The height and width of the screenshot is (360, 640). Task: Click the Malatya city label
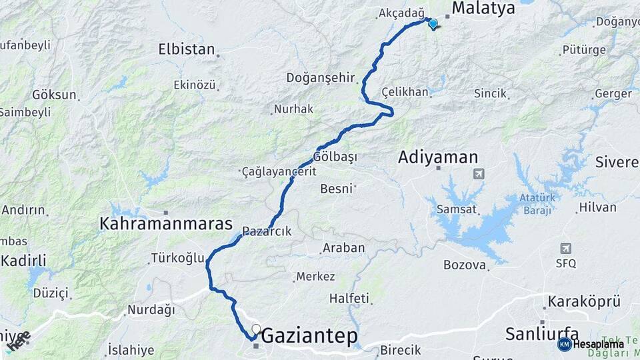[x=484, y=9]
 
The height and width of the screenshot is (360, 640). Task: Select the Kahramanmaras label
[x=166, y=223]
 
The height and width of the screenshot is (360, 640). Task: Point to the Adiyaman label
[x=438, y=157]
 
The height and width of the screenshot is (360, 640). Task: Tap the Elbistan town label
[x=187, y=49]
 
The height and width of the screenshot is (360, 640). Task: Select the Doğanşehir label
[x=321, y=77]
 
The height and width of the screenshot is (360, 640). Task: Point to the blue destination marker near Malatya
[x=433, y=24]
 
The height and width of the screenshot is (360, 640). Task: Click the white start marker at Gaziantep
[x=256, y=329]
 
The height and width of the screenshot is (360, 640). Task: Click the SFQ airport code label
[x=565, y=263]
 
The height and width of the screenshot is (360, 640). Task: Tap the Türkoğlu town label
[x=177, y=257]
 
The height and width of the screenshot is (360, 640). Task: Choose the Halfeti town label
[x=349, y=298]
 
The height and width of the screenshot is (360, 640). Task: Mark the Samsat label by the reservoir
[x=457, y=209]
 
